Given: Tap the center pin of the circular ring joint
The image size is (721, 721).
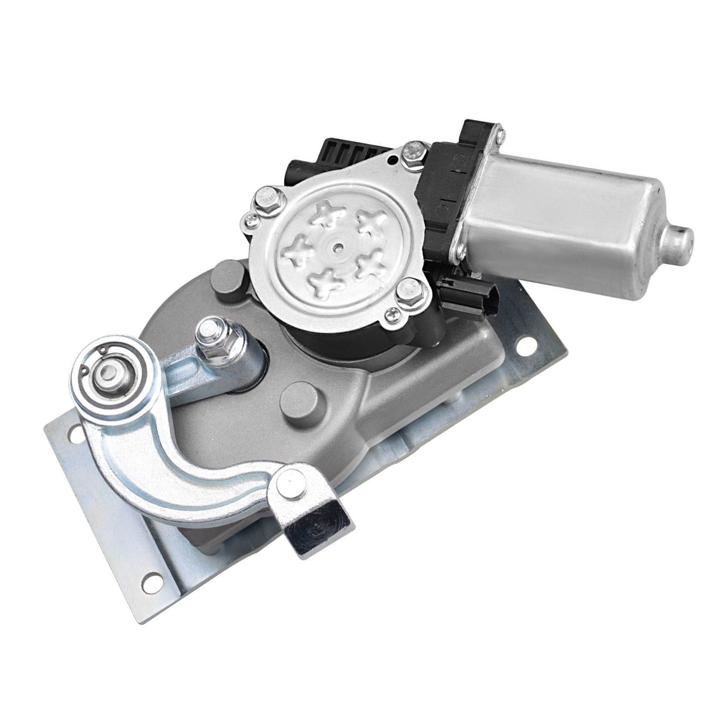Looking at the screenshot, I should (109, 373).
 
